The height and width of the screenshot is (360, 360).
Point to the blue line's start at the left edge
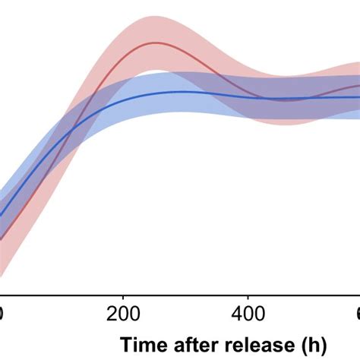click(x=1, y=216)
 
